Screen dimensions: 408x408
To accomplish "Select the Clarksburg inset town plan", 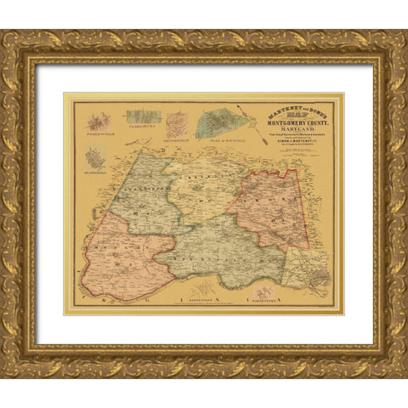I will pos(142,117).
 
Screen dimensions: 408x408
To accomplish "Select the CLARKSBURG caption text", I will pos(141,133).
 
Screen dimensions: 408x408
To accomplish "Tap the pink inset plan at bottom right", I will pos(266,291).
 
